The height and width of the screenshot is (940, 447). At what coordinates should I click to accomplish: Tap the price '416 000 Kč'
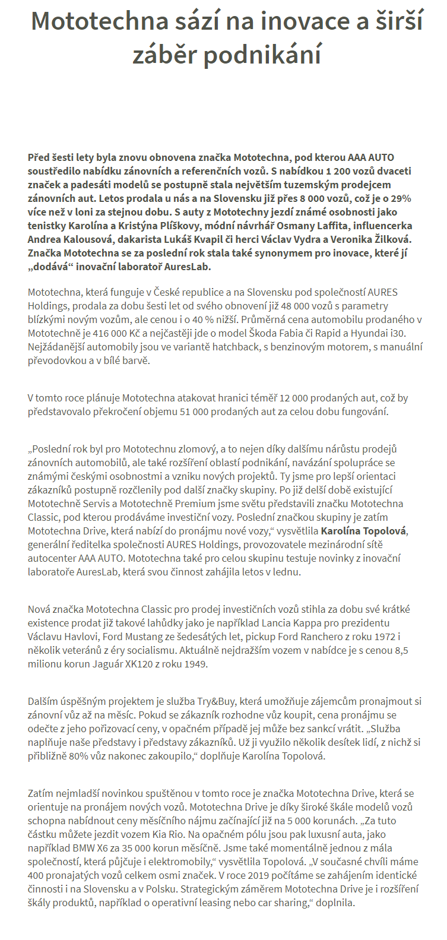[x=109, y=334]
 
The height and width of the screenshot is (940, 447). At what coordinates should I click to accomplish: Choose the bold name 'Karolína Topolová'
[x=364, y=530]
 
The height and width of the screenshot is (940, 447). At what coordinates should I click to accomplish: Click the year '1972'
[x=385, y=637]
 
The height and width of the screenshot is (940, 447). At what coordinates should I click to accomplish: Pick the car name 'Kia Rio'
[x=170, y=834]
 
